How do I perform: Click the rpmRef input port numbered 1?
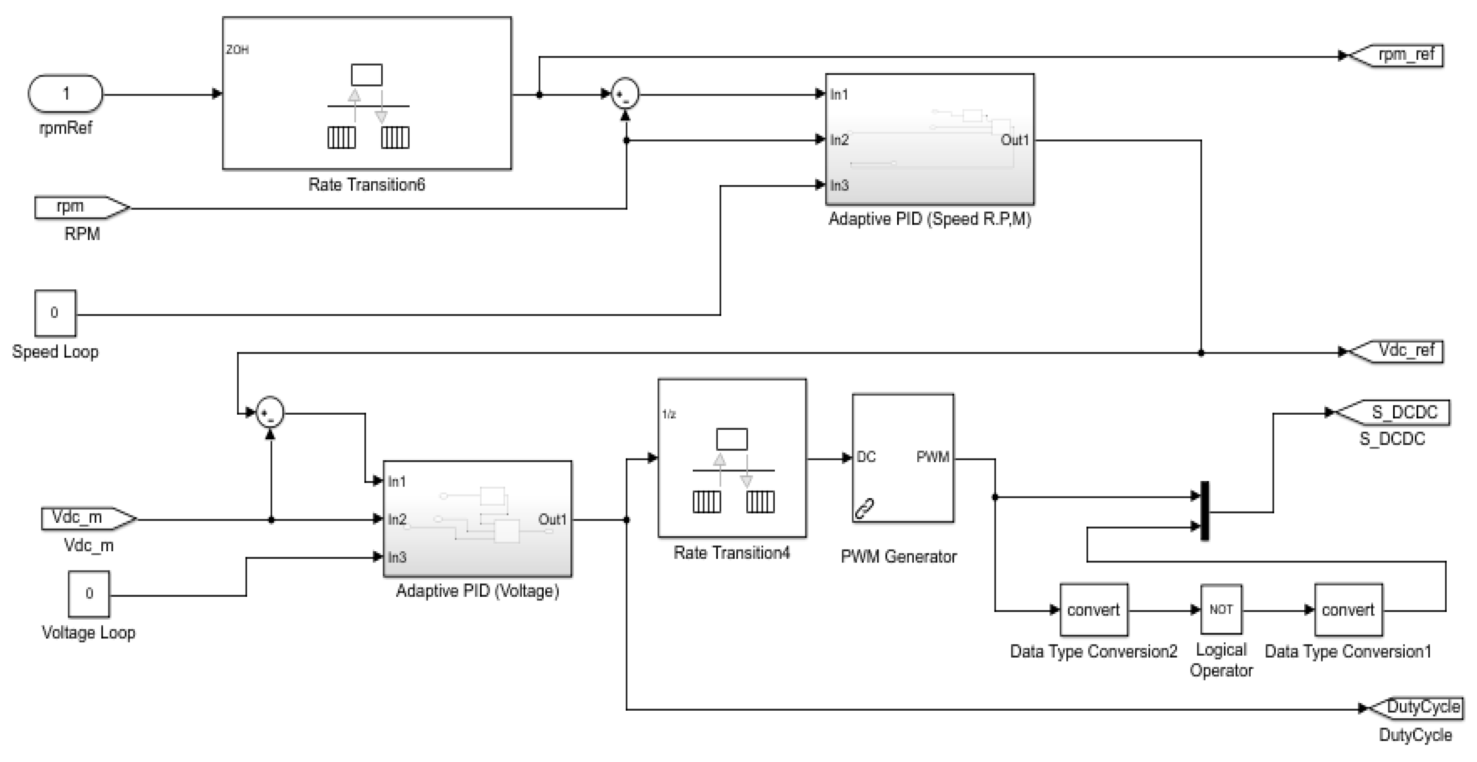coord(65,93)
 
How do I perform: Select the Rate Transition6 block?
coord(366,93)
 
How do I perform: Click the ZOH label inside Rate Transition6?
coord(237,50)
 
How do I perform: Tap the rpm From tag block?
coord(80,208)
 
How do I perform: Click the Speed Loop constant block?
coord(55,313)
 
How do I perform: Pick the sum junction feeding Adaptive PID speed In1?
coord(624,94)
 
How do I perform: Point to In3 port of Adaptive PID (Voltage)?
coord(397,557)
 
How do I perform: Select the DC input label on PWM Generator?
coord(866,457)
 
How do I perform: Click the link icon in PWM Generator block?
coord(864,508)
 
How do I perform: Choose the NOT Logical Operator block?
coord(1221,609)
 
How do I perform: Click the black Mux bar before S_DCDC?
coord(1205,511)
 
